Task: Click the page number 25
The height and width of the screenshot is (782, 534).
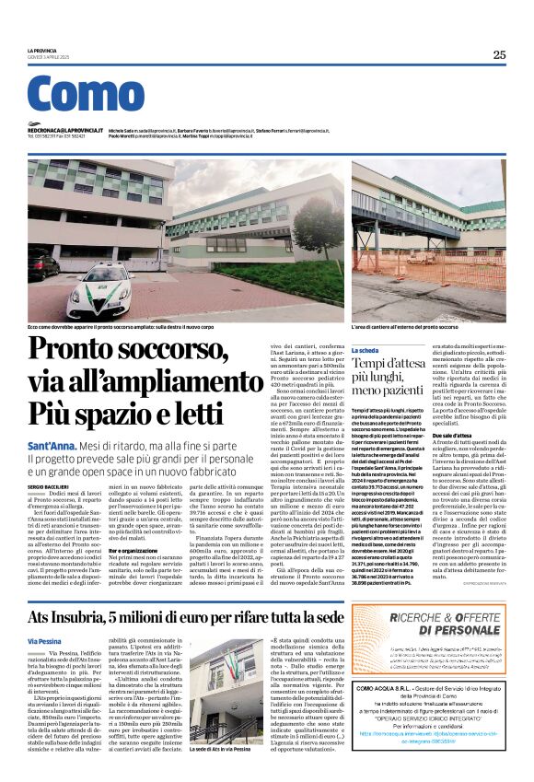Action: pos(498,54)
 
